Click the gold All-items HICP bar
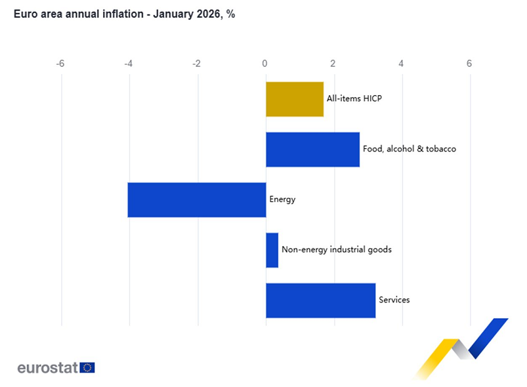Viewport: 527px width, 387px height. (295, 99)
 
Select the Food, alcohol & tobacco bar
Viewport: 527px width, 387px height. (312, 150)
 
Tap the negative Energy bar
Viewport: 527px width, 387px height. (197, 199)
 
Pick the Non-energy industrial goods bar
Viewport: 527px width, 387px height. (272, 250)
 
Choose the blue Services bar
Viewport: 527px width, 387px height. (320, 300)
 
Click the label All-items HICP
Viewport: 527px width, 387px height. (354, 99)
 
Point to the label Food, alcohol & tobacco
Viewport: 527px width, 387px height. (409, 149)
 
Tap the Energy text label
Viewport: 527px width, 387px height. (282, 199)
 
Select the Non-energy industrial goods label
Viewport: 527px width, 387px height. (337, 250)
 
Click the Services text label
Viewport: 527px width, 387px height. (394, 300)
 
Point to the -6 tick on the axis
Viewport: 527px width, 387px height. (60, 64)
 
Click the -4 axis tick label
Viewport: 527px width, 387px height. (128, 64)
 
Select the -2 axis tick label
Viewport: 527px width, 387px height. (196, 64)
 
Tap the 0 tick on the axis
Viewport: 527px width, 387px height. (265, 64)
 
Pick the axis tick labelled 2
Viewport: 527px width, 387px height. (333, 64)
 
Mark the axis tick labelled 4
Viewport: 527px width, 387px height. (401, 64)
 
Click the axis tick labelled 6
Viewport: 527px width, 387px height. (469, 64)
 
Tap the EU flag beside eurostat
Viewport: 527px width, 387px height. (87, 367)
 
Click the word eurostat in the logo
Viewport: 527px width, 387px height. (48, 367)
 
